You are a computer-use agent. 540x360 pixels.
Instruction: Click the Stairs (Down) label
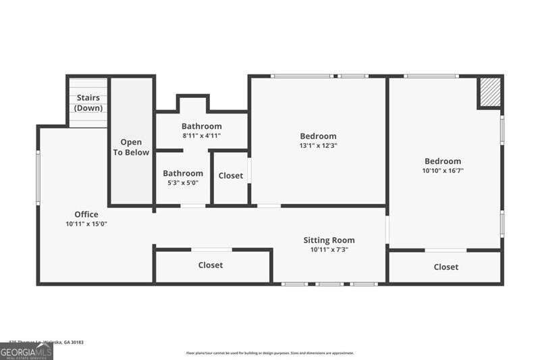[88, 103]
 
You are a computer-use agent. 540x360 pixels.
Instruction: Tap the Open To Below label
[131, 147]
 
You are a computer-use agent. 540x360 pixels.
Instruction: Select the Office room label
[86, 215]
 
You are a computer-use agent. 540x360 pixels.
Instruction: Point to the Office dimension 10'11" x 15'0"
[86, 224]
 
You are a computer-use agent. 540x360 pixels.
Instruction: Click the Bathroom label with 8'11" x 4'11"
[201, 126]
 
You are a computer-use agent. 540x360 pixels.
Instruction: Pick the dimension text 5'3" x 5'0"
[183, 182]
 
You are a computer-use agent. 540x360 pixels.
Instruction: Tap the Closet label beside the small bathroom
[231, 176]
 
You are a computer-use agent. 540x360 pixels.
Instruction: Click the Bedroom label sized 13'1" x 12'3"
[318, 136]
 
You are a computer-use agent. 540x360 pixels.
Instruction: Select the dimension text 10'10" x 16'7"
[443, 171]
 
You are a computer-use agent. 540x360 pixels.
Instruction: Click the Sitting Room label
[329, 240]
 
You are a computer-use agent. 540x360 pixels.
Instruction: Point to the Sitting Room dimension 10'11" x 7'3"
[329, 249]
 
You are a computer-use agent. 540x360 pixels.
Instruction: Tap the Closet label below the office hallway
[211, 265]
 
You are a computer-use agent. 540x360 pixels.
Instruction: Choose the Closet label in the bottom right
[446, 267]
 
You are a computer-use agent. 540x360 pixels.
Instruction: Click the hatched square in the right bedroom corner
[490, 93]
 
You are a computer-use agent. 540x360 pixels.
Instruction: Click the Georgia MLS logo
[26, 352]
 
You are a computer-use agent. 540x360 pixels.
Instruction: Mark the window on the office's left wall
[38, 178]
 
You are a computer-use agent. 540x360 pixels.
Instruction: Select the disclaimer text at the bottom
[270, 353]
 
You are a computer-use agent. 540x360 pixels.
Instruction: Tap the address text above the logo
[46, 342]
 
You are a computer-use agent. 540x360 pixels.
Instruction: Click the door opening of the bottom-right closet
[446, 250]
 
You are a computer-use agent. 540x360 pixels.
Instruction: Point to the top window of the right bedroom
[431, 76]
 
